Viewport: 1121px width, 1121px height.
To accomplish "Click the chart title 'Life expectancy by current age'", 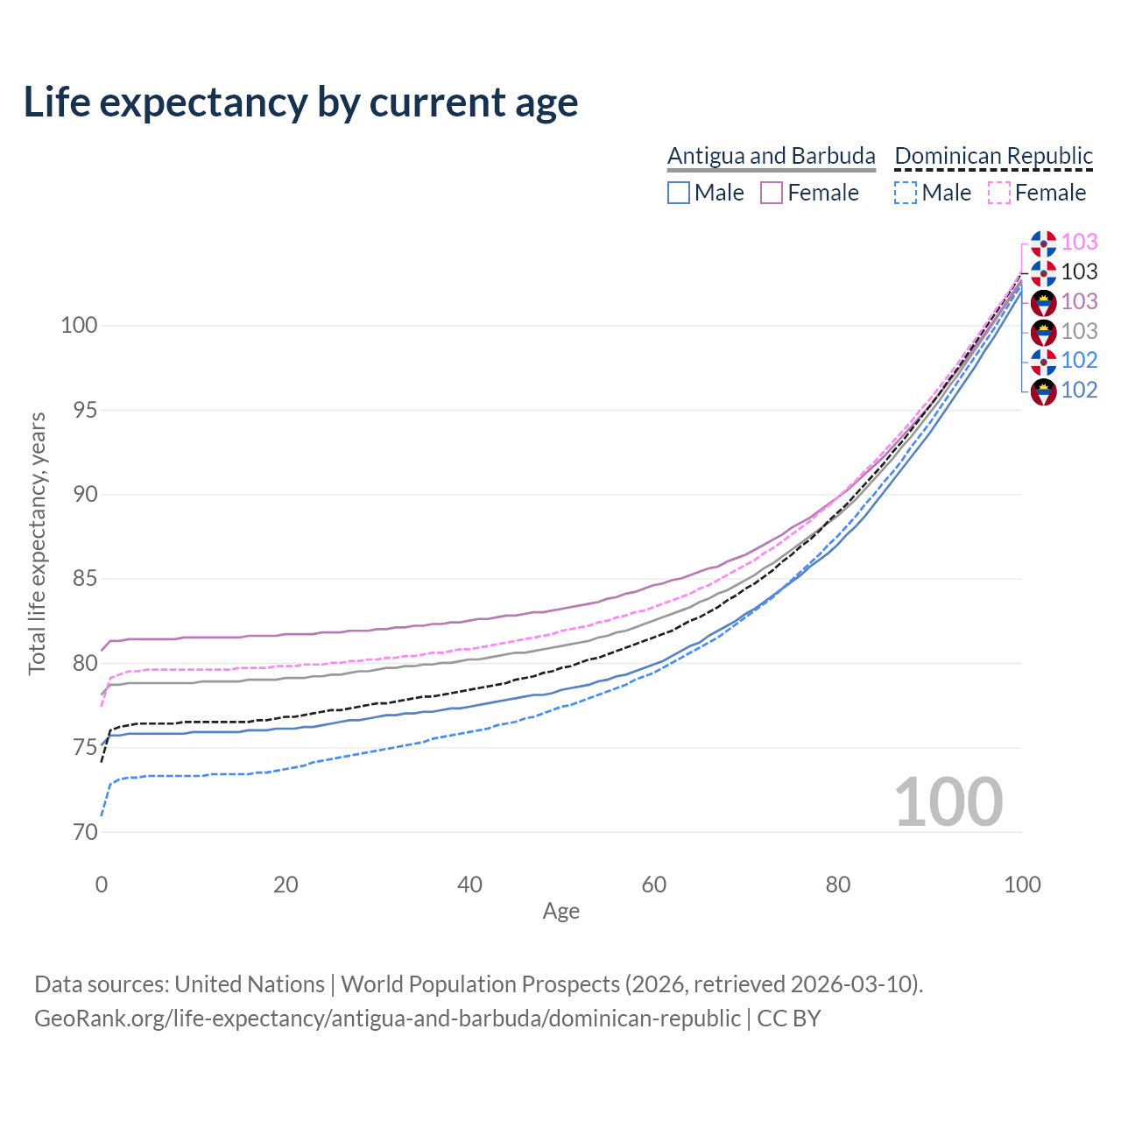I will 300,102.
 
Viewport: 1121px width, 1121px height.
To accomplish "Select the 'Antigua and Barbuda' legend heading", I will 771,156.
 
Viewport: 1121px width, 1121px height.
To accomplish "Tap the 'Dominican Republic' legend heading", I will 993,156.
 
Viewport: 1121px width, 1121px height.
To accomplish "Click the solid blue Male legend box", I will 679,193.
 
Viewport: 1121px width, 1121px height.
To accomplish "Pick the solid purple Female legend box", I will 772,193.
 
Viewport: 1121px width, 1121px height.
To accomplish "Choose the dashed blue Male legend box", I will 906,193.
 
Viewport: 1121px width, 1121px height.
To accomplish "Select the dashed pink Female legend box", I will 999,193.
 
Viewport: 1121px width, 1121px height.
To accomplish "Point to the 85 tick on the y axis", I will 79,579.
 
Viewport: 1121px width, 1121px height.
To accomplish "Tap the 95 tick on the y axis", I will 79,410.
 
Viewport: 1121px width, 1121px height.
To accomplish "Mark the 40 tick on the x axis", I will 469,885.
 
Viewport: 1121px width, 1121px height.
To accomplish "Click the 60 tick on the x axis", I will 653,885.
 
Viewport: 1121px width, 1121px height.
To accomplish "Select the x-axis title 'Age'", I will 560,912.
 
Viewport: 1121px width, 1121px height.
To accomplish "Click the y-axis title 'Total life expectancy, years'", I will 37,544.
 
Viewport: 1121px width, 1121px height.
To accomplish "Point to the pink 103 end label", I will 1079,242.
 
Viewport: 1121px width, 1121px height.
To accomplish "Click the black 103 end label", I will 1079,271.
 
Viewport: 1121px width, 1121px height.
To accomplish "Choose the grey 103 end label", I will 1079,331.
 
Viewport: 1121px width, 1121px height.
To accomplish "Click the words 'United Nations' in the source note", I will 249,984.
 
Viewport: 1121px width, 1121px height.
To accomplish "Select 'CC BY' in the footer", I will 788,1019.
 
